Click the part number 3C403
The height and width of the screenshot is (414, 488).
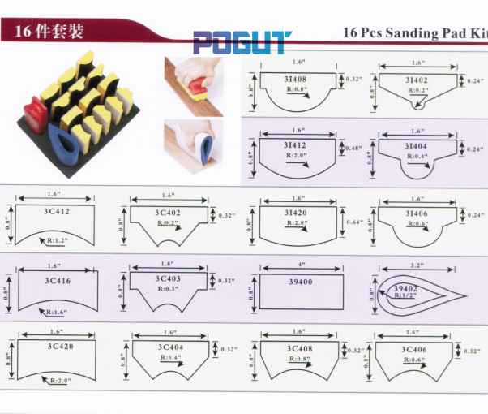click(168, 278)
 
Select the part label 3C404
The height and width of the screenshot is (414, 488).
click(170, 347)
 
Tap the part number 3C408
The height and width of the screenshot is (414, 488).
click(299, 348)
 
